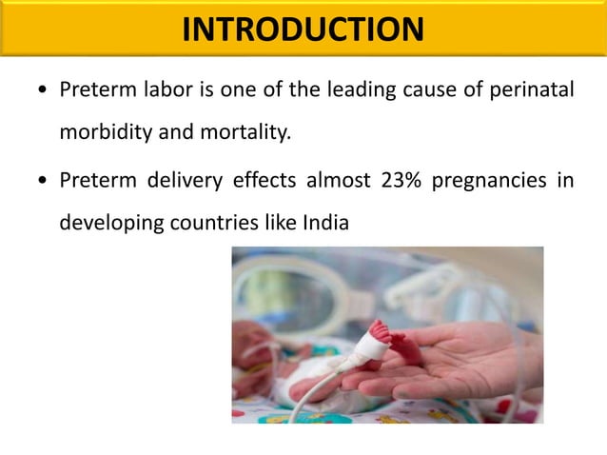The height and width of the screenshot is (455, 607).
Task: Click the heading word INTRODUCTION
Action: click(303, 30)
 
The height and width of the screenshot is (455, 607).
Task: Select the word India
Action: click(325, 224)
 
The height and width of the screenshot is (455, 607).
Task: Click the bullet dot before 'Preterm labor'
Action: click(39, 93)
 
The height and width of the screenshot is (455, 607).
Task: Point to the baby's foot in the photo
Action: click(382, 338)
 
